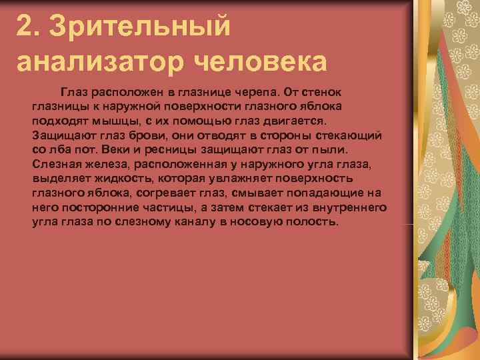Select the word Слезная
click(57, 163)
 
